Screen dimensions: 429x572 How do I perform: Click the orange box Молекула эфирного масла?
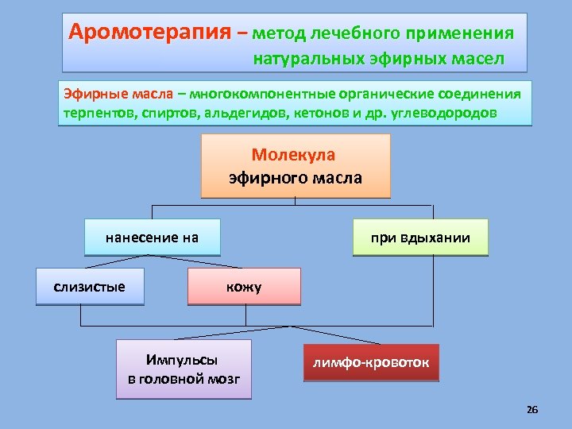[295, 165]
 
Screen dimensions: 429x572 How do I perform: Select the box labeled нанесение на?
[152, 237]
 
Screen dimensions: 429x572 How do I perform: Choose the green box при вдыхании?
[419, 237]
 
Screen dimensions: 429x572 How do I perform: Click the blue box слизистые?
[90, 286]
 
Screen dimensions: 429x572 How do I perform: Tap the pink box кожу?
[244, 286]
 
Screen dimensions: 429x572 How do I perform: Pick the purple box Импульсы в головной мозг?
[184, 369]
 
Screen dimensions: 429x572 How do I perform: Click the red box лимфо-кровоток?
[370, 362]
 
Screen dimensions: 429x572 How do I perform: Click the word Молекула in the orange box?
[294, 154]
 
